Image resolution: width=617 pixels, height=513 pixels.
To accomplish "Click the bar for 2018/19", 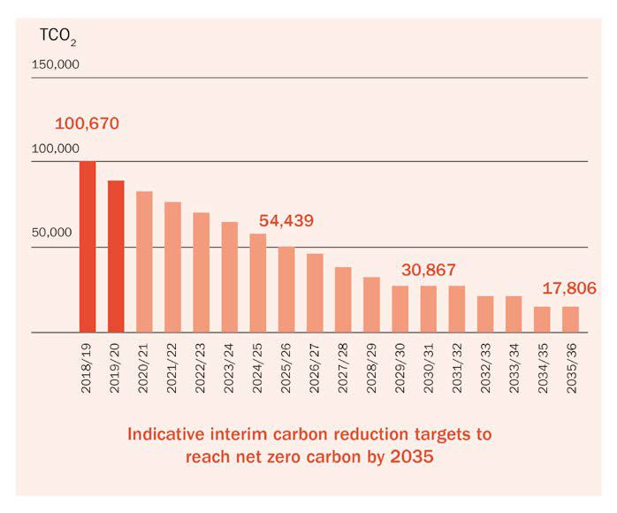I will (x=88, y=247).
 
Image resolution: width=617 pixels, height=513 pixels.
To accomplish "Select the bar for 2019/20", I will (x=116, y=256).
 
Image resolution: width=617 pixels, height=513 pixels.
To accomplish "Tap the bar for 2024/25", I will (x=258, y=283).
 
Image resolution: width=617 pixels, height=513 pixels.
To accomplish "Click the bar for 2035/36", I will (x=570, y=319).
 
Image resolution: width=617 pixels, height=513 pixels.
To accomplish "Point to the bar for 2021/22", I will (x=172, y=267).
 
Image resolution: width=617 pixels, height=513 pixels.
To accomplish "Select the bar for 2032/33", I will (x=485, y=314).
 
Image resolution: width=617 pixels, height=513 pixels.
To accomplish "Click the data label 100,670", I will (x=87, y=124).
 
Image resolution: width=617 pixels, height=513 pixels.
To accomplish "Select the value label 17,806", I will (x=569, y=288).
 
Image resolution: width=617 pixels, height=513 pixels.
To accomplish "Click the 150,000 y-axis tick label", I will (x=56, y=65).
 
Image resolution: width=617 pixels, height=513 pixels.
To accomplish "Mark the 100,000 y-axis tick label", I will (x=56, y=149).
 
